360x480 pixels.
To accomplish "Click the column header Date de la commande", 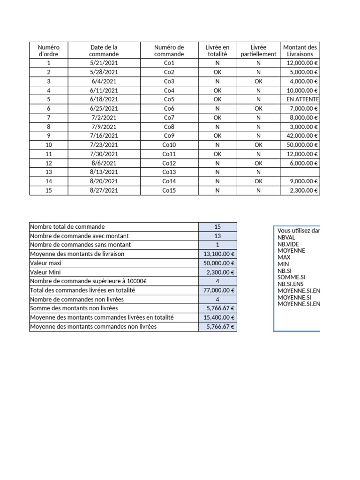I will tap(104, 50).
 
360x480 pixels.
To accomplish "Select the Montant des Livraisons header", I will tap(300, 50).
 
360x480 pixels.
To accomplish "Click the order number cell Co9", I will tap(169, 136).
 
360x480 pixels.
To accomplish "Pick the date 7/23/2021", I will tap(104, 145).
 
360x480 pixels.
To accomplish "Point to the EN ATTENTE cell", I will tap(302, 99).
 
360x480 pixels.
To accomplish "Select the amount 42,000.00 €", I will tap(301, 136).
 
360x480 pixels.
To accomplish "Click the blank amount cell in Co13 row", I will tap(300, 172).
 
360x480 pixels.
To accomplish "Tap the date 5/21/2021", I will tap(104, 63).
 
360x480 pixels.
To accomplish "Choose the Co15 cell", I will tap(169, 190).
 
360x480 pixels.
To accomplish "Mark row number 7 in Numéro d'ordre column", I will tap(49, 118).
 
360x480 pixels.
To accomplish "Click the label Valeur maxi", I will tap(45, 263).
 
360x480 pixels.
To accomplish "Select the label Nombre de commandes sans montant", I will tap(80, 245).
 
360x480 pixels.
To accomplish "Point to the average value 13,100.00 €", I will tap(218, 254).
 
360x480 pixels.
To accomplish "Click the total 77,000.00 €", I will tap(218, 290).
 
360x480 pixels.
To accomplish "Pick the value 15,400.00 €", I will tap(218, 317).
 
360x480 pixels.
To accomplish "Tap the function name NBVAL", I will tap(286, 237).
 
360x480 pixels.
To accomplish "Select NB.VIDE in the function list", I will tap(288, 244).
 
